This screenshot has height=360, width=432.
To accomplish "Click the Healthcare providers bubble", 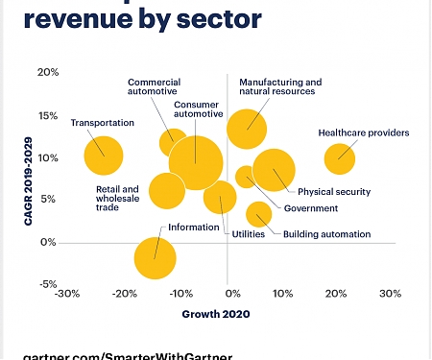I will click(340, 158).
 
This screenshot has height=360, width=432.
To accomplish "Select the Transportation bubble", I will click(104, 156).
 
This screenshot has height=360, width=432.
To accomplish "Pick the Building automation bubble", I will click(258, 214).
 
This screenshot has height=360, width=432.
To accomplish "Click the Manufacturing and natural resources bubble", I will click(247, 127).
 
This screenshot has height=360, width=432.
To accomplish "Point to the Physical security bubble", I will click(274, 172).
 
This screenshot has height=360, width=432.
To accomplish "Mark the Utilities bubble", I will click(220, 199).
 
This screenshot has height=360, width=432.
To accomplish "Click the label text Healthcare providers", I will click(364, 132).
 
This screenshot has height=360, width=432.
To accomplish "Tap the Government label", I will click(311, 208).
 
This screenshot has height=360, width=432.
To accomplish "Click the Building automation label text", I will click(326, 234).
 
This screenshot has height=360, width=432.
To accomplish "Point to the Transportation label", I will click(103, 123).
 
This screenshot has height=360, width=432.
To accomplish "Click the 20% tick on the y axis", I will click(48, 72).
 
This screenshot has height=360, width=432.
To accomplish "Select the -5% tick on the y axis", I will click(48, 284).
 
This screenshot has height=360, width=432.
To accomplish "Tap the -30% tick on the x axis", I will click(67, 294).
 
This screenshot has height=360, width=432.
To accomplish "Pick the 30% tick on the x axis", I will click(389, 294).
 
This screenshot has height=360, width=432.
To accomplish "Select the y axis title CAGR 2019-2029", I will click(28, 179).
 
